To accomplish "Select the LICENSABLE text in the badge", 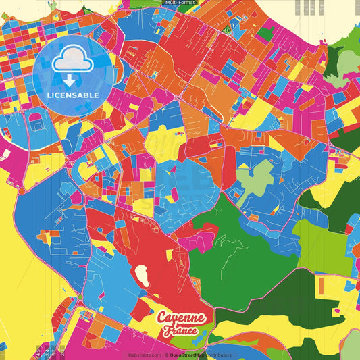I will click(74, 95).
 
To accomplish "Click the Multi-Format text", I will click(180, 3).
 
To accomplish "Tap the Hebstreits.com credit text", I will click(145, 355).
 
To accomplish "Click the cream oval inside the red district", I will click(143, 274).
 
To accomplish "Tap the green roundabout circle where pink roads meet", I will click(80, 297).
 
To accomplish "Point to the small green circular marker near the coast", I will click(228, 30).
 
